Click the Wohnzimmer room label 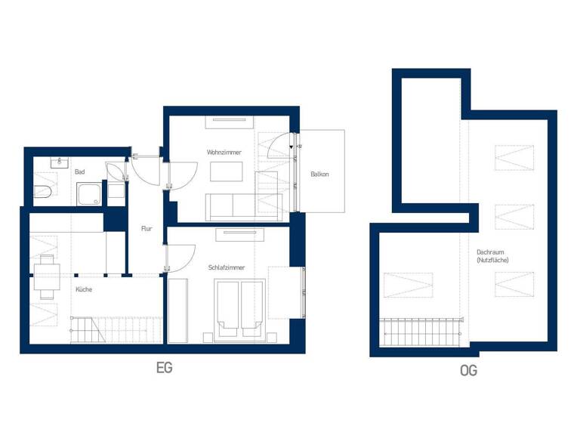coord(224,153)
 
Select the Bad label coord(79,172)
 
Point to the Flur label coord(147,228)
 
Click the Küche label coord(84,289)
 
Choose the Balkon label coord(319,174)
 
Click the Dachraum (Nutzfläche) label coord(492,256)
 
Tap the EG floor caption coord(164,369)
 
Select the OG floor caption coord(467,371)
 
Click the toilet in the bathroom coord(42,190)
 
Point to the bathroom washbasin coord(60,162)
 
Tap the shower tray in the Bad coord(90,194)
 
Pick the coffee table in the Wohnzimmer coord(227,172)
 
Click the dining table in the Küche coord(46,276)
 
